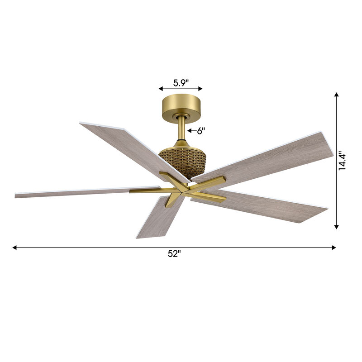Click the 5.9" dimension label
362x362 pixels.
tap(181, 83)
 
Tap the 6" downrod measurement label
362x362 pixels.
tap(200, 131)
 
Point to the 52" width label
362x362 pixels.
tap(174, 254)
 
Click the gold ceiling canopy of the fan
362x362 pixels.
tap(181, 105)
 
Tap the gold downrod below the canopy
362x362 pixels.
tap(181, 129)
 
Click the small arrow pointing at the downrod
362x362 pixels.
tap(191, 131)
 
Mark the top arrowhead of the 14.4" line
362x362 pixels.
tap(336, 95)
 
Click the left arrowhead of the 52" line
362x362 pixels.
tap(15, 248)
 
